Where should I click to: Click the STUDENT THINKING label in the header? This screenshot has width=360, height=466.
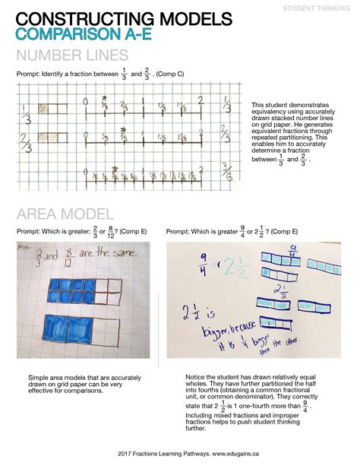click(x=317, y=8)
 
